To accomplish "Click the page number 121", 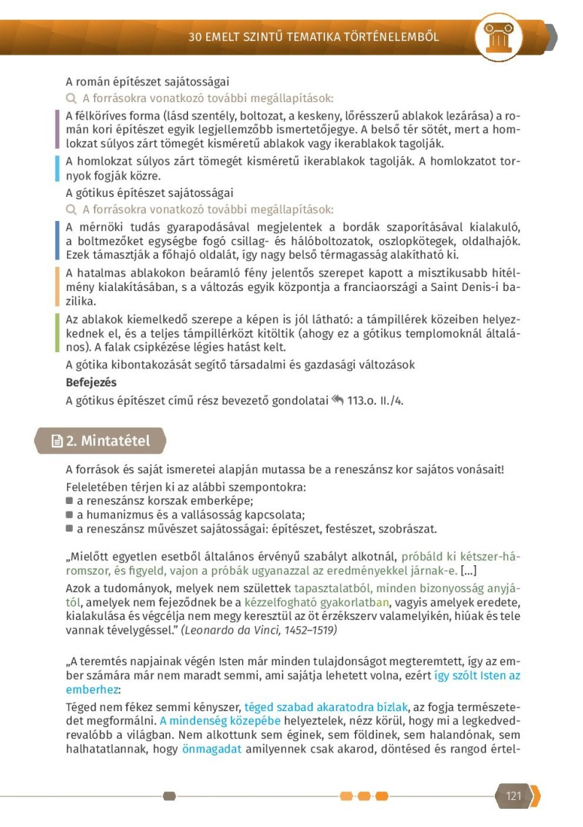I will [514, 796].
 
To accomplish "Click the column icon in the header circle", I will [500, 36].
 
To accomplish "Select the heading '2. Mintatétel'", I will [108, 440].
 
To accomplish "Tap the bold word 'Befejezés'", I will [91, 382].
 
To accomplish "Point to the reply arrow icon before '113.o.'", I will [337, 399].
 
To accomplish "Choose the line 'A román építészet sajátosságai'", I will [147, 82].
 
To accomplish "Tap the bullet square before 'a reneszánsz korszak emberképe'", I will [69, 501].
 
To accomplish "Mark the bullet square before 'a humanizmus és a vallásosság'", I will [69, 515].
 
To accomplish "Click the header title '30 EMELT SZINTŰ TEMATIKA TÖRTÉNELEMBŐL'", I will [313, 36].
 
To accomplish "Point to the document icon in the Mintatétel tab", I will [57, 441].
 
